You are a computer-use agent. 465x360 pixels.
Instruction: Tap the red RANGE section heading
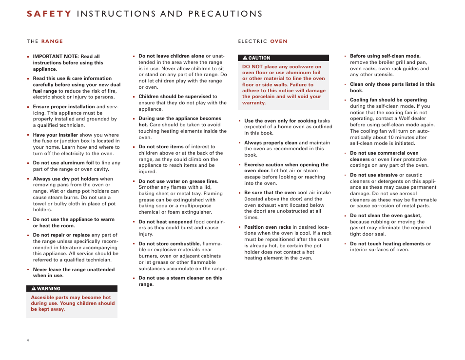pos(52,41)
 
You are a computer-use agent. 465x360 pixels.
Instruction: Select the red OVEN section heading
pos(279,41)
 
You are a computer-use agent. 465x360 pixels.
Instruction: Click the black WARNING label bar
pos(72,288)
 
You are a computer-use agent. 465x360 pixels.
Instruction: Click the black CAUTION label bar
pos(283,58)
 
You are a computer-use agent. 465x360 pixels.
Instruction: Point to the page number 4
pos(28,340)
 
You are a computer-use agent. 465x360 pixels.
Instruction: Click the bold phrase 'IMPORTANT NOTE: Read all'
pos(66,57)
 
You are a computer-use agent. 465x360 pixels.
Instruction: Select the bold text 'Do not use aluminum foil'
pos(63,163)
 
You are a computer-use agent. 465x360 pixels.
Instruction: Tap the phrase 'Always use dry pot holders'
pos(66,179)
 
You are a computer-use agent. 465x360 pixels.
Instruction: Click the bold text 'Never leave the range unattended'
pos(74,269)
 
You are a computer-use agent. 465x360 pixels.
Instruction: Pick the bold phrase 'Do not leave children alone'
pos(171,56)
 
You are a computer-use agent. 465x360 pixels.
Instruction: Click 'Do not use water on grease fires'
pos(178,181)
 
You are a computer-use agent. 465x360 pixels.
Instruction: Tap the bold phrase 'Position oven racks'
pos(268,227)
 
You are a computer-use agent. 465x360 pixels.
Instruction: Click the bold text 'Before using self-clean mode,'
pos(385,56)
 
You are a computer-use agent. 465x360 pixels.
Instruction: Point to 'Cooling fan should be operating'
pos(388,100)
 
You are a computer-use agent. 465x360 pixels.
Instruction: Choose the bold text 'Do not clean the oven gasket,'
pos(386,216)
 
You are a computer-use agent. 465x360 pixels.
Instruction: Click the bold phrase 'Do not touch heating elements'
pos(387,244)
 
